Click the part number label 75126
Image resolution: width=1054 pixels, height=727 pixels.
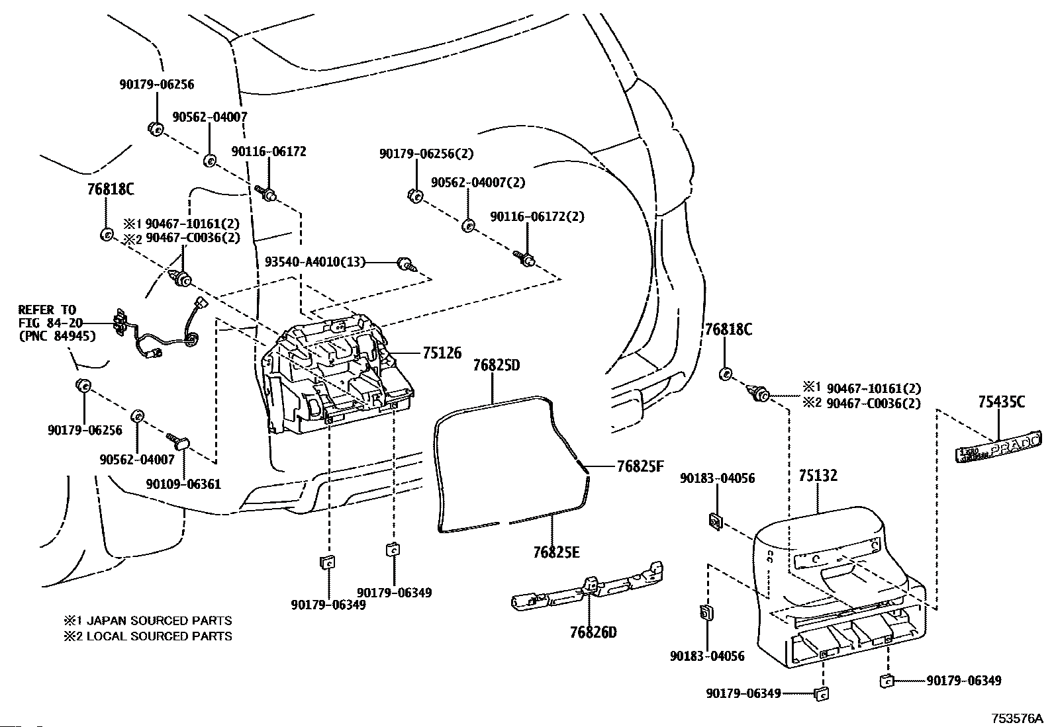[442, 353]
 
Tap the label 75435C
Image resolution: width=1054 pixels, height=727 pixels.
[1001, 402]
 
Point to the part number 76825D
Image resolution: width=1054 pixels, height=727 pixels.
[497, 365]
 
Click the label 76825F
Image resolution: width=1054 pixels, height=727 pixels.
[640, 466]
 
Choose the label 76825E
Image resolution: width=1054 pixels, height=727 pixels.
[556, 552]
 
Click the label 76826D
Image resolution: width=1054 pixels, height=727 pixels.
[593, 632]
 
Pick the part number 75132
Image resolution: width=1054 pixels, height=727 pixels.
[818, 476]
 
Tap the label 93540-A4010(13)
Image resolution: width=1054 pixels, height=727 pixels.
[314, 261]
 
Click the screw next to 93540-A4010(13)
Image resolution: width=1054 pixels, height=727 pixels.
[407, 265]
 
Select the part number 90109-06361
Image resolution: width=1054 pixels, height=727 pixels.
[183, 484]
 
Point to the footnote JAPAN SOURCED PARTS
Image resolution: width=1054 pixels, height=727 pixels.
[159, 620]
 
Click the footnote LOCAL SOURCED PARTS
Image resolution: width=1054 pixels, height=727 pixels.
[159, 636]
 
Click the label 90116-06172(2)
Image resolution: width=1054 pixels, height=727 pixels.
[537, 216]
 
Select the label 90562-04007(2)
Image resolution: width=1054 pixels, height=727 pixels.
[477, 182]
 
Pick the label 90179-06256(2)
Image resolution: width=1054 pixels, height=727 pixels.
[426, 153]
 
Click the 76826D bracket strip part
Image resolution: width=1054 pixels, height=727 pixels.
[587, 586]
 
